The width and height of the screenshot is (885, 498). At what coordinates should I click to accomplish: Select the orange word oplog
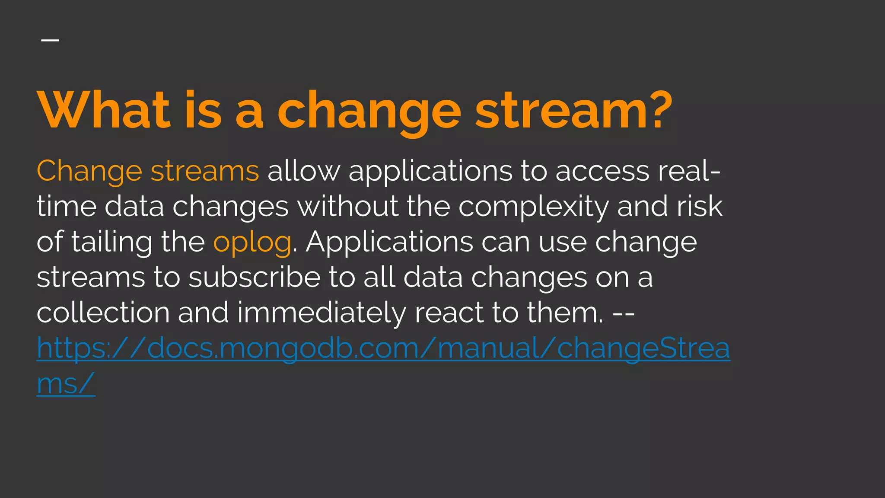(252, 242)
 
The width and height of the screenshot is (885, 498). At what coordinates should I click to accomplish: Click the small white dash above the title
(50, 40)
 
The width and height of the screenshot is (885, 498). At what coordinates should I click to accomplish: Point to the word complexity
(533, 207)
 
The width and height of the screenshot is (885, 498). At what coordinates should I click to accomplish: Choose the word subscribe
(255, 277)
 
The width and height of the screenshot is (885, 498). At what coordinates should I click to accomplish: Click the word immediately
(322, 313)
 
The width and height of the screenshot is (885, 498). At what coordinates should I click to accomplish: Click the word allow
(304, 171)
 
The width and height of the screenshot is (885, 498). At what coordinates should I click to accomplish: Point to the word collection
(103, 313)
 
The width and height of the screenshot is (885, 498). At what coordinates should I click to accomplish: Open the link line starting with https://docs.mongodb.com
(383, 348)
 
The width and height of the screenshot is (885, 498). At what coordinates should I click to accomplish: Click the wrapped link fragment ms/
(66, 383)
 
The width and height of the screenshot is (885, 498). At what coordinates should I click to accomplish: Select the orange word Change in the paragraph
(89, 171)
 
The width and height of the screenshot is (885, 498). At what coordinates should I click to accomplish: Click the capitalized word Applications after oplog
(389, 242)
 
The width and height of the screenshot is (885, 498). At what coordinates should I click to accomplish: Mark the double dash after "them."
(624, 313)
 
